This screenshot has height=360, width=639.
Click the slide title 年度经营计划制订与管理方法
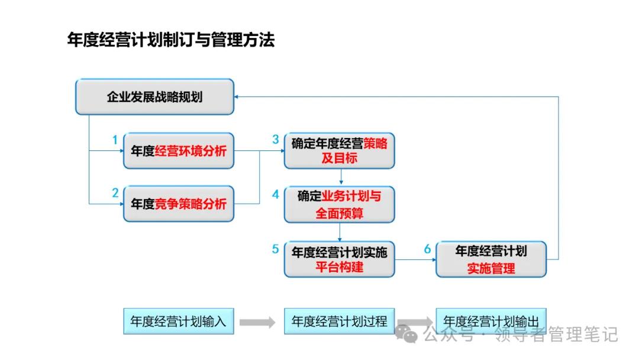click(x=171, y=40)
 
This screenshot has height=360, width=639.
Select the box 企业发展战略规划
click(x=154, y=97)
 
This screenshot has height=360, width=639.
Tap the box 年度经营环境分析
click(x=179, y=151)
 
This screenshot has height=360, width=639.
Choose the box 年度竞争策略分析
click(x=179, y=204)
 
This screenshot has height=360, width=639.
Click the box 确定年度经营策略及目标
click(x=339, y=151)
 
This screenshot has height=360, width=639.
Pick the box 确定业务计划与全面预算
click(x=339, y=205)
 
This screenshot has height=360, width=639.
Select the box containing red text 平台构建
click(x=339, y=259)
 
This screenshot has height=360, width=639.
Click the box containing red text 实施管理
click(x=491, y=259)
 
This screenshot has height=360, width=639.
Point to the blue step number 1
click(x=115, y=140)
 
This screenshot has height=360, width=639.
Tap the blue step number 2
click(x=115, y=193)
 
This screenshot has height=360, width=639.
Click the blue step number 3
click(x=275, y=140)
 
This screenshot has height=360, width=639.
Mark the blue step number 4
click(x=275, y=194)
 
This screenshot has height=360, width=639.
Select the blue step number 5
click(x=275, y=249)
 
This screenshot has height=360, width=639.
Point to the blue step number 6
click(x=427, y=249)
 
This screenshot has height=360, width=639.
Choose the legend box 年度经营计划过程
click(x=339, y=322)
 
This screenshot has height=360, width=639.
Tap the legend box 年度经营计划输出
click(x=491, y=322)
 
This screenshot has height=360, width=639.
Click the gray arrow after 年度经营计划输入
click(x=257, y=323)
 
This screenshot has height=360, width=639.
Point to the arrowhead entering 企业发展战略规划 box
click(x=237, y=97)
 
